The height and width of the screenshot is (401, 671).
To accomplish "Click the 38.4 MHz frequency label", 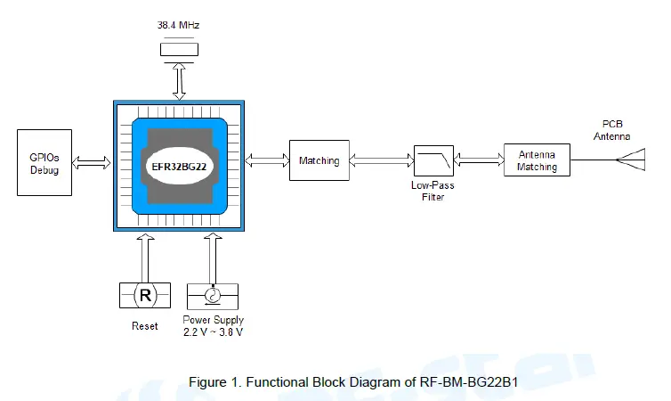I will point(178,25).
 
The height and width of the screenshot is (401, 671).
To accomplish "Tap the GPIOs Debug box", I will point(44,163).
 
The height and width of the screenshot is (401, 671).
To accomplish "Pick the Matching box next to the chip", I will point(319,160).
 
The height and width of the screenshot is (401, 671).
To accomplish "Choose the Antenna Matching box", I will point(537,160).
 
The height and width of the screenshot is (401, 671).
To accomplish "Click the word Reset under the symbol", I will point(144,326).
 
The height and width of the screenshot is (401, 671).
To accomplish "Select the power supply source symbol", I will point(213,296).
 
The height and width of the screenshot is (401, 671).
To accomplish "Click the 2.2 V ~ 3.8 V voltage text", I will point(213,332).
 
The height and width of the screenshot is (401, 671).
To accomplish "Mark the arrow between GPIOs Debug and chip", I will point(90,162).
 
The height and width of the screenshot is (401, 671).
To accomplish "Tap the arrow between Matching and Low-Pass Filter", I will point(381,160).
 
